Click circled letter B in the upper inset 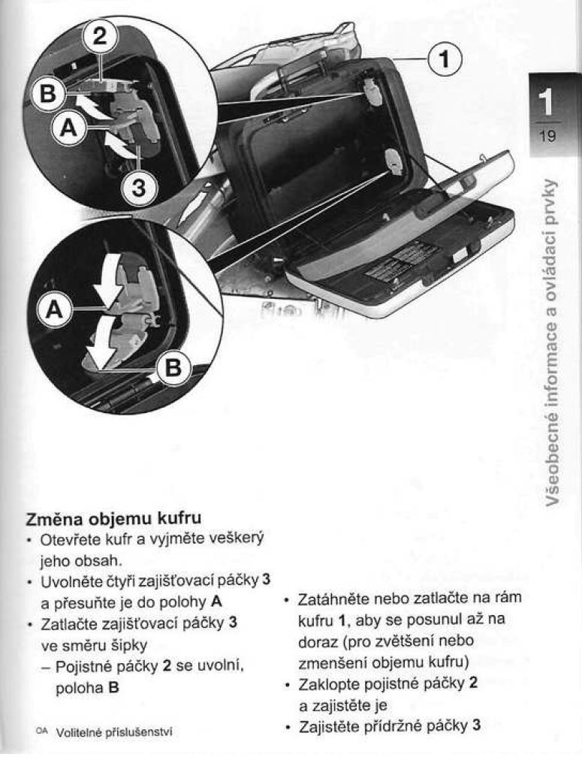pyautogui.click(x=47, y=93)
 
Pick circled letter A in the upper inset pyautogui.click(x=69, y=128)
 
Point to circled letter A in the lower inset pyautogui.click(x=55, y=309)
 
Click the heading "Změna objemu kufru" pyautogui.click(x=113, y=518)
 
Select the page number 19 pyautogui.click(x=547, y=135)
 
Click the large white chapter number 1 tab pyautogui.click(x=547, y=102)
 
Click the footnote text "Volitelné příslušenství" pyautogui.click(x=114, y=732)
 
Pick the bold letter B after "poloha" pyautogui.click(x=113, y=687)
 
